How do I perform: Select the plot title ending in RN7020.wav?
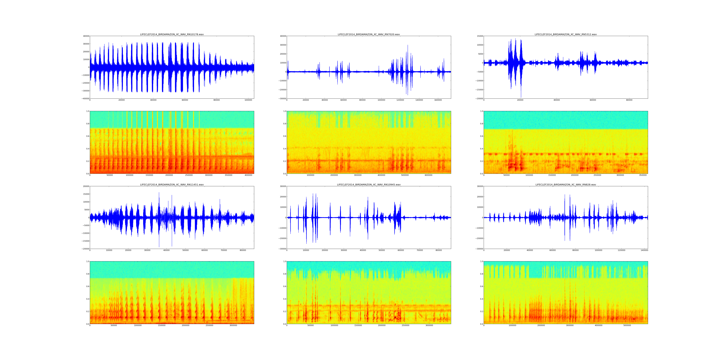(369, 34)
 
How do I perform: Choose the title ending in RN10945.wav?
(369, 184)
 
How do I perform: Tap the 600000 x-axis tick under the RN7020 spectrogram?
(429, 175)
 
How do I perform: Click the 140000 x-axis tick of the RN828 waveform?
(644, 250)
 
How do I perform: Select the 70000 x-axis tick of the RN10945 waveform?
(420, 250)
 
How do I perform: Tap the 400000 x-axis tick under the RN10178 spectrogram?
(248, 175)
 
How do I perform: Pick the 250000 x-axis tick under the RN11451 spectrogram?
(209, 325)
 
